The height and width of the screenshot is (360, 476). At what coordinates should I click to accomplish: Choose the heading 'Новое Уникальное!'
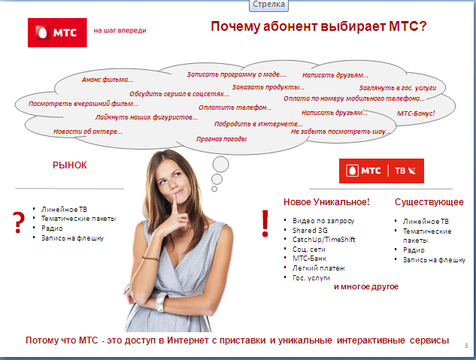click(x=326, y=202)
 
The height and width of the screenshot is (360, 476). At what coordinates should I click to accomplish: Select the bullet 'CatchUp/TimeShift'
click(x=324, y=239)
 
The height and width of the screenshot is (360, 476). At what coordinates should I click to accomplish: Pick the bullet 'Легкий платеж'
click(x=319, y=268)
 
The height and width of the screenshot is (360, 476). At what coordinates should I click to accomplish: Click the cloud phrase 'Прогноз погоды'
click(x=221, y=139)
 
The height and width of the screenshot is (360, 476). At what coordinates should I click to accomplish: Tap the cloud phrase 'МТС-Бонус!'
click(x=416, y=113)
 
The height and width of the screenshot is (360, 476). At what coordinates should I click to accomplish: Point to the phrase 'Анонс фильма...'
click(x=108, y=80)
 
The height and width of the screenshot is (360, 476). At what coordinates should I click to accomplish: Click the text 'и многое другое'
click(x=365, y=287)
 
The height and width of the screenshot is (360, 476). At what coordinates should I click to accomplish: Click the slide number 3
click(x=466, y=345)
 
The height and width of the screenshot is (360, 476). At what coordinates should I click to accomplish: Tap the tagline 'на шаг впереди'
click(x=120, y=32)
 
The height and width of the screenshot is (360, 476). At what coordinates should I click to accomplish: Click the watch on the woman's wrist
click(x=160, y=301)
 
